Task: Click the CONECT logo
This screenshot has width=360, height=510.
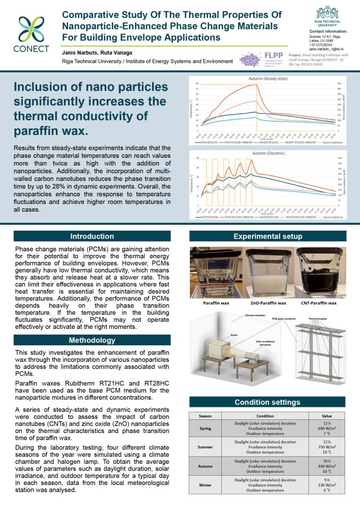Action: (x=33, y=33)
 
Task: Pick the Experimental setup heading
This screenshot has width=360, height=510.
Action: (x=268, y=236)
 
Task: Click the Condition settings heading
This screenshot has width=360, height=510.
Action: (x=268, y=402)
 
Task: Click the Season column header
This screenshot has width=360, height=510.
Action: (x=205, y=415)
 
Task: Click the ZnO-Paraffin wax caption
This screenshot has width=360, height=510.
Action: (x=267, y=303)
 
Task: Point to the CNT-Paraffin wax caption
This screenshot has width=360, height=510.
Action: (x=319, y=303)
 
